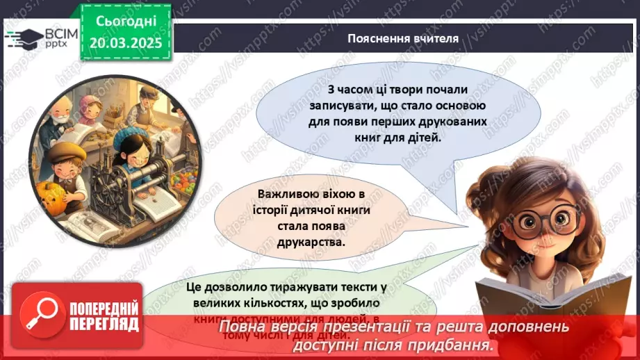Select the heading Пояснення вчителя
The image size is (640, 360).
403,38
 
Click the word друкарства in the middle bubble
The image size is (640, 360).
313,243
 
